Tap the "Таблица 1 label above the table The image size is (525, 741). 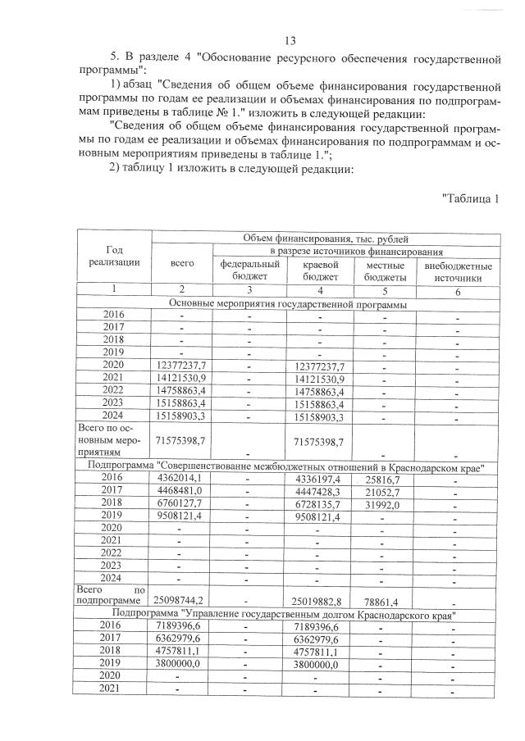(x=470, y=198)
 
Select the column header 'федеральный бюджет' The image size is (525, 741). (x=249, y=270)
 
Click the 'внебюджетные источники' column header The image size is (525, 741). (x=458, y=271)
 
